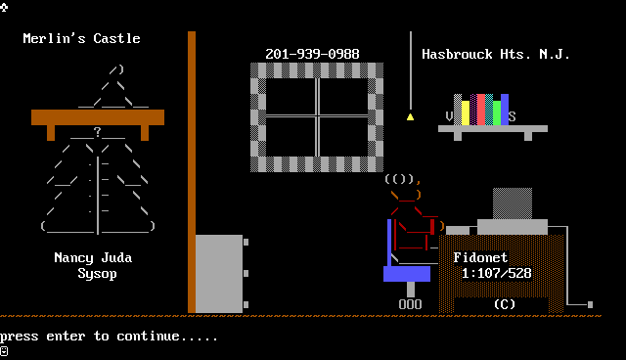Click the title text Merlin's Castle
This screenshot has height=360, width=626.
click(x=82, y=38)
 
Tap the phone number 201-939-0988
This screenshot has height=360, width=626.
click(x=313, y=54)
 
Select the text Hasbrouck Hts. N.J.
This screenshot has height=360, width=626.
click(x=496, y=54)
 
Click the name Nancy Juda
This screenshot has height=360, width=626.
click(x=94, y=257)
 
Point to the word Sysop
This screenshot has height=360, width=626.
click(x=98, y=274)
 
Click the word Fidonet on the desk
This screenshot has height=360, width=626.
click(x=480, y=257)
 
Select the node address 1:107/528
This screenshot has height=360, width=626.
click(x=497, y=273)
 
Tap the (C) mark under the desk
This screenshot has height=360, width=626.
click(x=505, y=304)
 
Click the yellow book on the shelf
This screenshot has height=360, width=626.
click(x=466, y=112)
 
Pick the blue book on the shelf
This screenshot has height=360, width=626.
click(x=505, y=110)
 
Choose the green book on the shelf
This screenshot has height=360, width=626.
click(x=497, y=112)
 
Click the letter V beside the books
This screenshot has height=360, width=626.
click(x=450, y=116)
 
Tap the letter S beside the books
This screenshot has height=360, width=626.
click(x=513, y=116)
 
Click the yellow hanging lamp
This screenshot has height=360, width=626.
click(x=411, y=116)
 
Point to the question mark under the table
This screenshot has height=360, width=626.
click(x=98, y=132)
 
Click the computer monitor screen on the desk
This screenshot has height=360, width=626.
click(x=513, y=203)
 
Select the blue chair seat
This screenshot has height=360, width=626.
click(x=407, y=274)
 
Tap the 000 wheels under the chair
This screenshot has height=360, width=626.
click(x=411, y=304)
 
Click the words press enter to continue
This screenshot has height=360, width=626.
click(x=109, y=337)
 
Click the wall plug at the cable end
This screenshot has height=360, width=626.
click(x=591, y=304)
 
